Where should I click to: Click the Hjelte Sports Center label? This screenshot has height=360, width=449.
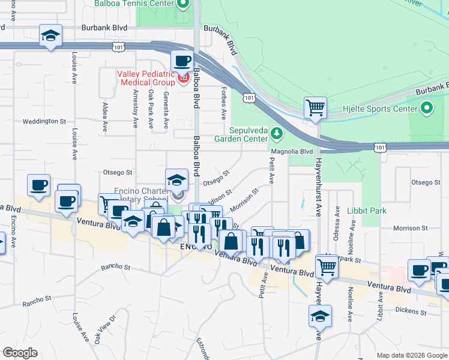379,109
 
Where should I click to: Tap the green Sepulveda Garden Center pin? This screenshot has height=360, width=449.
277,132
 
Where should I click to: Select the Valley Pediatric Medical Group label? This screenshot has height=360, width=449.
145,78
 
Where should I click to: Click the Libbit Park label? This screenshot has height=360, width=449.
367,211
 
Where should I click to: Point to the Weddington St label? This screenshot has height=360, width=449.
44,121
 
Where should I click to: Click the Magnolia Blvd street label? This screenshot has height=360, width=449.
292,152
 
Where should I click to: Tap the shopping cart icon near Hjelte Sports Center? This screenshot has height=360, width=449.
315,108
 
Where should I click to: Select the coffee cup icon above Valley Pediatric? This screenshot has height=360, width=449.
182,61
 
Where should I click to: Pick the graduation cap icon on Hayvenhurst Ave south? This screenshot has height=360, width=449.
320,315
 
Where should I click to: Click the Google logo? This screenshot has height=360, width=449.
20,353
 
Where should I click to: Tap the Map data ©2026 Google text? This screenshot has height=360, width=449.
411,355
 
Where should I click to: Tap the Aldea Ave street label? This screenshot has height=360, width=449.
105,118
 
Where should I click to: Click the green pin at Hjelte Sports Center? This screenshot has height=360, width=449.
427,109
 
